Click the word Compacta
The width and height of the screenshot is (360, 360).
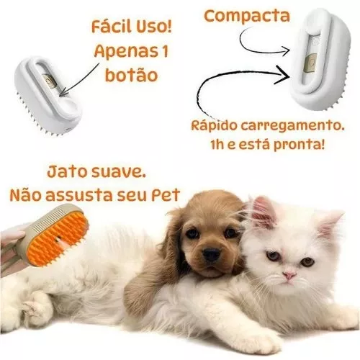point(247,17)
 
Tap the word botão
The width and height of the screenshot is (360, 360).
point(131,75)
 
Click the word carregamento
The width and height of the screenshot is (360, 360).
point(292,126)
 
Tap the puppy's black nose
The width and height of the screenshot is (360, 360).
point(211,254)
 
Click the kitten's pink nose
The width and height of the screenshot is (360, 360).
point(289,275)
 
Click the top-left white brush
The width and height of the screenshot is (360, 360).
point(48,96)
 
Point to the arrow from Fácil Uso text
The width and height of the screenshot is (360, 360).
point(79,81)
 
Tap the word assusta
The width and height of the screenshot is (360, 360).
point(78,195)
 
